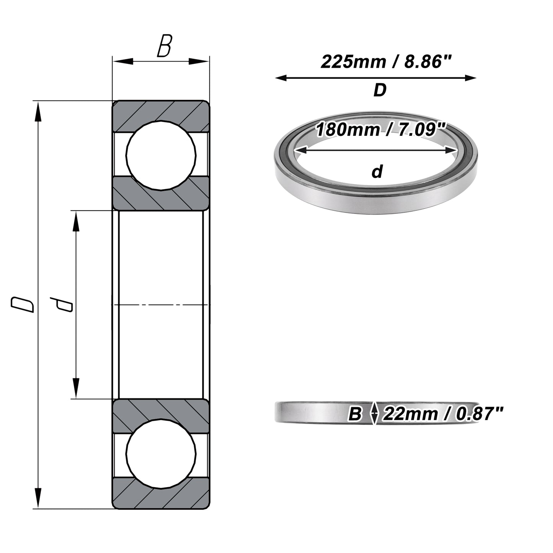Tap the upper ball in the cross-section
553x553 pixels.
[161, 155]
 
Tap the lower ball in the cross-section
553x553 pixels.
[161, 454]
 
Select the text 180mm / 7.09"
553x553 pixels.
[381, 129]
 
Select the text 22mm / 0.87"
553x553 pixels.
[442, 414]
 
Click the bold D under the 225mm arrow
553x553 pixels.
[380, 90]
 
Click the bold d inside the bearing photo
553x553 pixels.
[377, 171]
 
